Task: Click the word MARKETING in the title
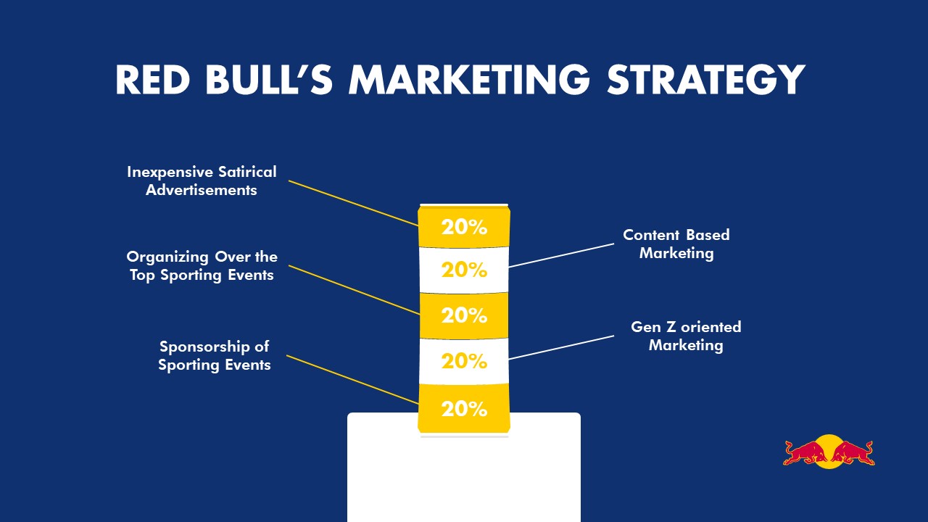coord(469,80)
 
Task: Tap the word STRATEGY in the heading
coord(706,80)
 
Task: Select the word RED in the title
coord(152,80)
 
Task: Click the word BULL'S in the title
coord(269,80)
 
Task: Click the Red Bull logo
coord(829,452)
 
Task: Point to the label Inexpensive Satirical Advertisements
coord(202,181)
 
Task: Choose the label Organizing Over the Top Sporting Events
coord(202,265)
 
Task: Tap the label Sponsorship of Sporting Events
coord(214,355)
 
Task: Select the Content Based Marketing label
coord(676,244)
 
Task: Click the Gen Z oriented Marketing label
coord(686,336)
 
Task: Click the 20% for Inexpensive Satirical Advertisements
coord(464,227)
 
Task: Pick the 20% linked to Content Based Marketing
coord(464,270)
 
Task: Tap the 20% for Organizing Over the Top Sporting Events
coord(464,315)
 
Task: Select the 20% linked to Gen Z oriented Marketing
coord(464,361)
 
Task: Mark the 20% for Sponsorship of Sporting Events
coord(464,409)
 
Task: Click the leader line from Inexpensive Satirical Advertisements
coord(353,204)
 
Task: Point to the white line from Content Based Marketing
coord(561,255)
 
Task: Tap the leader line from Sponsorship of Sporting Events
coord(352,379)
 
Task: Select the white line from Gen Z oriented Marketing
coord(561,347)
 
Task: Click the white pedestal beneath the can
coord(464,476)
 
